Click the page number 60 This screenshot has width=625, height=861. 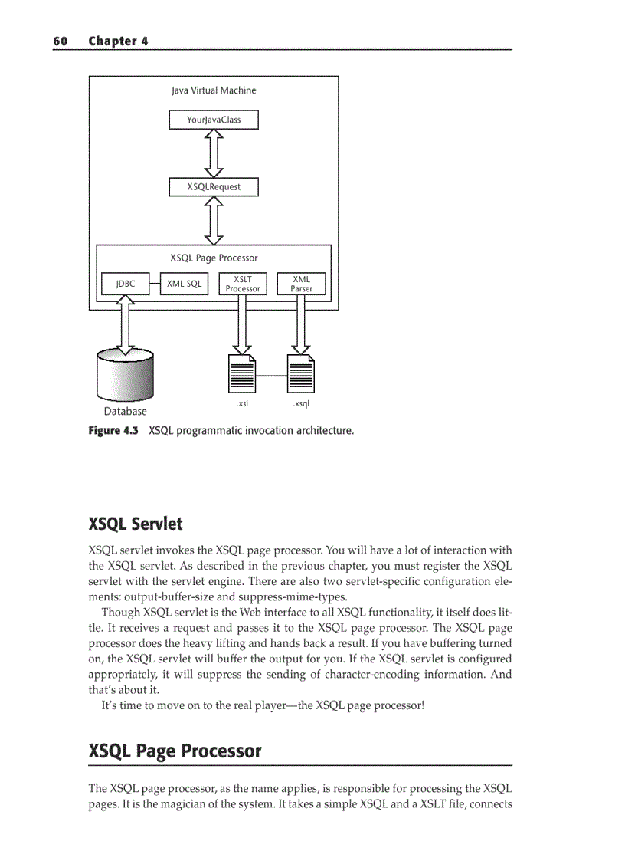point(61,41)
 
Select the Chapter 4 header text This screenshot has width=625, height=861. point(118,41)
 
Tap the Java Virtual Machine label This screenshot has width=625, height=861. point(214,90)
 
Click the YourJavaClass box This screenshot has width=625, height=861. point(214,120)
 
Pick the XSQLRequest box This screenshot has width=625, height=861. point(214,186)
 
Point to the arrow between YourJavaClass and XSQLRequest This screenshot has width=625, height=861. point(214,153)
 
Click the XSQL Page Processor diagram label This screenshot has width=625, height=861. point(214,258)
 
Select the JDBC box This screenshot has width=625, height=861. point(125,284)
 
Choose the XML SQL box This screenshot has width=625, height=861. point(184,284)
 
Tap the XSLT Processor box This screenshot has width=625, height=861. point(243,284)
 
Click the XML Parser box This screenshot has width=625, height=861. point(301,284)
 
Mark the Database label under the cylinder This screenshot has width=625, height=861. point(126,412)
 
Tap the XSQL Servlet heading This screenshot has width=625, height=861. point(136,524)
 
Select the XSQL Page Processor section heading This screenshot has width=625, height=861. point(175,751)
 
